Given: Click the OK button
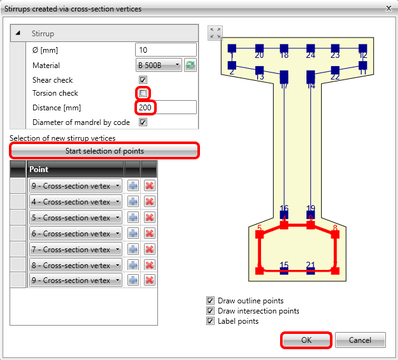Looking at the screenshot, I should click(307, 339).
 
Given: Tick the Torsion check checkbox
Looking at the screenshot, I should click(143, 92).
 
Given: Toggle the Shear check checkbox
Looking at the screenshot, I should click(143, 79).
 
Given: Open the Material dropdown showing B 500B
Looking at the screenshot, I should click(159, 65).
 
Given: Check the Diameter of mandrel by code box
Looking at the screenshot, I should click(143, 122).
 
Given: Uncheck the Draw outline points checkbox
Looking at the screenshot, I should click(210, 300).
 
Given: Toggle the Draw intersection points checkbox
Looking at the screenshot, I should click(210, 311).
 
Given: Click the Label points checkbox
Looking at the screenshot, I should click(210, 323).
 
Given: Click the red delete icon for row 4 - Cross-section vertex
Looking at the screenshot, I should click(150, 202).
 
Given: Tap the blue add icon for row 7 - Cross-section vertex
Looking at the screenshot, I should click(132, 250).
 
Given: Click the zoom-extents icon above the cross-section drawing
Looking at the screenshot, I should click(214, 32).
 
